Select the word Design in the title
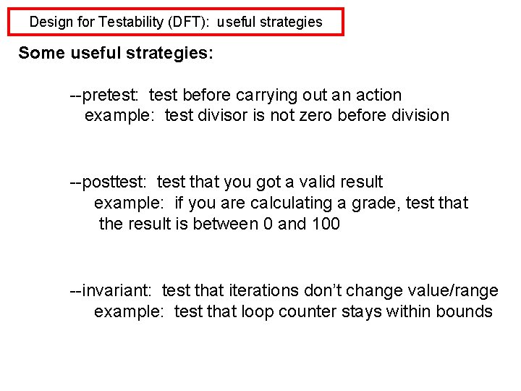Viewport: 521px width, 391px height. pos(51,22)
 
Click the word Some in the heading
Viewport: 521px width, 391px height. pos(41,53)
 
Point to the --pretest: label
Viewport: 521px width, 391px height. pos(106,95)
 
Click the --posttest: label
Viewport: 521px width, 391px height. pos(111,182)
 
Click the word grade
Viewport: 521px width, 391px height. pos(376,203)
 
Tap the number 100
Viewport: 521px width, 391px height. pos(326,224)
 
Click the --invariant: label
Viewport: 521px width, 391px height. pos(111,291)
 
